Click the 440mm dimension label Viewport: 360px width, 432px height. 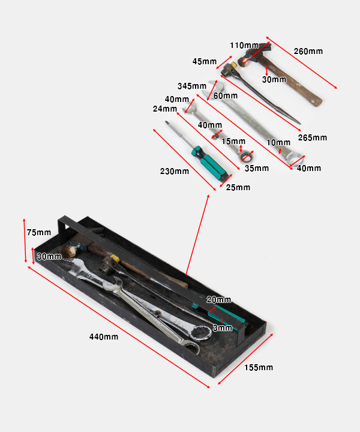point(104,337)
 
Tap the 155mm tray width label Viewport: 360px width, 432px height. point(259,367)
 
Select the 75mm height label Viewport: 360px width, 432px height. point(39,233)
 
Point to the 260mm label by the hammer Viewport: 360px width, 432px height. point(308,51)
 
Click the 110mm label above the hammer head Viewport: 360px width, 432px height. point(244,45)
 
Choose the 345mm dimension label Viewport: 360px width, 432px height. point(192,86)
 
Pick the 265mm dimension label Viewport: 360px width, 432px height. point(313,137)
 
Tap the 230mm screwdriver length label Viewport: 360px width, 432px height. point(175,172)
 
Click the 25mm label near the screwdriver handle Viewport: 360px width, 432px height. point(238,187)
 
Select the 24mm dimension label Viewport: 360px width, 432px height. point(165,109)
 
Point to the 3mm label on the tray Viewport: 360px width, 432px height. point(223,328)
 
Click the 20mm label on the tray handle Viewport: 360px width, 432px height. point(218,300)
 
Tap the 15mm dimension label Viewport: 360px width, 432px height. point(233,142)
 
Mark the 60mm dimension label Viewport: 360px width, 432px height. point(226,95)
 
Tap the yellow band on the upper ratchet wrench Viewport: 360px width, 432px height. point(233,65)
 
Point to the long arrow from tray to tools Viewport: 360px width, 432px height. point(197,235)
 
